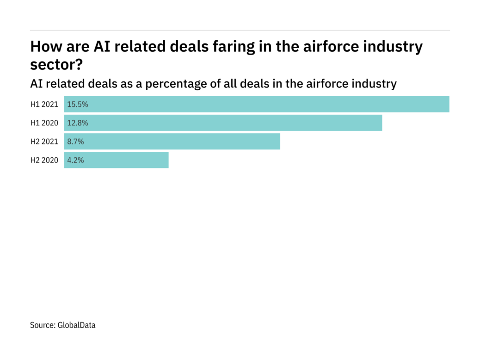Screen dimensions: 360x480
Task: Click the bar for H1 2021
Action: click(257, 104)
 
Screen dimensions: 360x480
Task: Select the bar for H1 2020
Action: click(223, 123)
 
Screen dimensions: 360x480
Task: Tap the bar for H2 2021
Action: click(172, 142)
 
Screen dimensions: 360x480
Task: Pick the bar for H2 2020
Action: click(116, 160)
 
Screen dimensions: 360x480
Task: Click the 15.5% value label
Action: click(78, 104)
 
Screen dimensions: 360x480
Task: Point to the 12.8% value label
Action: click(78, 123)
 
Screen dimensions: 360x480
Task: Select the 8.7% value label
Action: click(76, 142)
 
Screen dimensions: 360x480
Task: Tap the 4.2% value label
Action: click(76, 160)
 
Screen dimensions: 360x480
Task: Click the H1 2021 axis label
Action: click(44, 104)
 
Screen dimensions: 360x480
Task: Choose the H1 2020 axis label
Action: click(44, 123)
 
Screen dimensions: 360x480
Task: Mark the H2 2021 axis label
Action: click(44, 142)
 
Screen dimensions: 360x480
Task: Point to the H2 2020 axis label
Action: click(44, 160)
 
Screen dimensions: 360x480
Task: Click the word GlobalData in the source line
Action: click(77, 325)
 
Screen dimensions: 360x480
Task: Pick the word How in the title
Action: click(45, 47)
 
